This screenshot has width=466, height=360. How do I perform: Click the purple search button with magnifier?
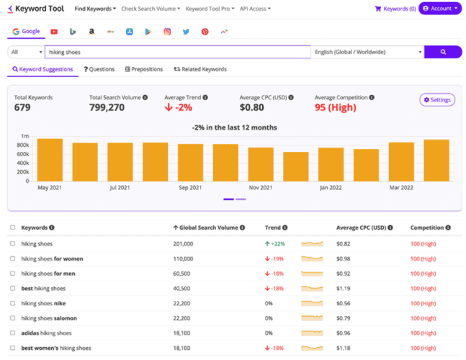[442, 52]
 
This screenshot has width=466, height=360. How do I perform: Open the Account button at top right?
[440, 9]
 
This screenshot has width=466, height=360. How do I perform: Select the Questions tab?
[99, 70]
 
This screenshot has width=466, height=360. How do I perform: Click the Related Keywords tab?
[200, 70]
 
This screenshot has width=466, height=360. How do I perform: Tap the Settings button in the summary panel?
[437, 100]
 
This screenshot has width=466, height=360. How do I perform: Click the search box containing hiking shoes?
[177, 52]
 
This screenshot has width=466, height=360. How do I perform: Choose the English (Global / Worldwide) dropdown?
[367, 52]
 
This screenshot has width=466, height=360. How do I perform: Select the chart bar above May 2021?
[50, 159]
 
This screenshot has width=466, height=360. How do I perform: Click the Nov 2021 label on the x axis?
[261, 187]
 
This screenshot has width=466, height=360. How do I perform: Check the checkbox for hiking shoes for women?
[13, 258]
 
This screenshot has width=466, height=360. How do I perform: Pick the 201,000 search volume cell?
[184, 244]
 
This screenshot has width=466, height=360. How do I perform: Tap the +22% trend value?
[278, 244]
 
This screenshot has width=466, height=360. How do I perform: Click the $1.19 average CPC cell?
[345, 289]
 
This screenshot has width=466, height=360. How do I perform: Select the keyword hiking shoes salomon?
[49, 318]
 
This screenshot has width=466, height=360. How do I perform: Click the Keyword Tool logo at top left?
[35, 9]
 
